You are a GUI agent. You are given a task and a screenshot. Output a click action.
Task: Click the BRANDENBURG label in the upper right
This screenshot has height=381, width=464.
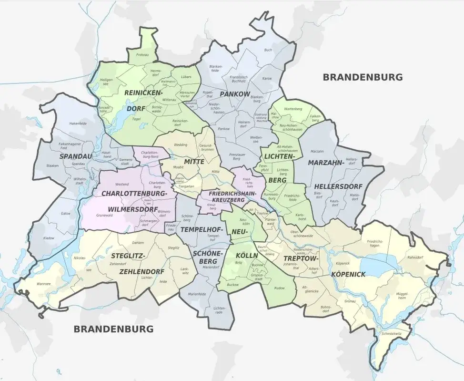pyautogui.click(x=363, y=77)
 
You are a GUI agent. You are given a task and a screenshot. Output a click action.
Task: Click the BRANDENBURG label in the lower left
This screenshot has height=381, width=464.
pyautogui.click(x=113, y=329)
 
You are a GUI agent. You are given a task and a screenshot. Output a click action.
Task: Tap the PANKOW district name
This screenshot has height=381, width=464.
pyautogui.click(x=235, y=94)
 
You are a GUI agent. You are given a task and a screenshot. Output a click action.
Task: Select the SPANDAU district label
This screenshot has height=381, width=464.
pyautogui.click(x=76, y=156)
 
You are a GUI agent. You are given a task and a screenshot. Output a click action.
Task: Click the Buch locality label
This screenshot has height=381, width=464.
pyautogui.click(x=268, y=50)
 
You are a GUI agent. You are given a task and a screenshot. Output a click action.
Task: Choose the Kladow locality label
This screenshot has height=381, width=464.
pyautogui.click(x=49, y=237)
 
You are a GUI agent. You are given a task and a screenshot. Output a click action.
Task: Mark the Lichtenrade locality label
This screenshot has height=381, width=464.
pyautogui.click(x=220, y=310)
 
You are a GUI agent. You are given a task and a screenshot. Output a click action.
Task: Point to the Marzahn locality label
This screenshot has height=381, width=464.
pyautogui.click(x=317, y=151)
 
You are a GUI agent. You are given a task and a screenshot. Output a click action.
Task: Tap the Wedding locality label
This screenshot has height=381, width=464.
pyautogui.click(x=181, y=144)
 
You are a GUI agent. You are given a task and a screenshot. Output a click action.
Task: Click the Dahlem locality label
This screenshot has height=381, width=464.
pyautogui.click(x=138, y=243)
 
